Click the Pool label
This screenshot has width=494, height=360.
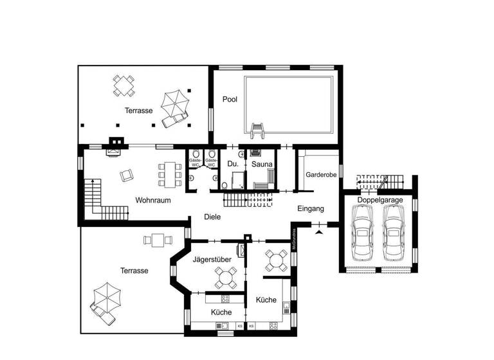point(230,99)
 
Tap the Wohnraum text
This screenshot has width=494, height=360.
point(152,200)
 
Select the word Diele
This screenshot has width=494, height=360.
point(212,217)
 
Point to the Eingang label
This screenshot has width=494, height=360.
point(310,209)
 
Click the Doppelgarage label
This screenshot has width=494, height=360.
point(380,200)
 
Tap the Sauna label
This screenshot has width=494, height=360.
point(262,165)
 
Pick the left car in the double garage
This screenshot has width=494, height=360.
point(363,235)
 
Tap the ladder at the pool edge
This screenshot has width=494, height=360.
point(258,130)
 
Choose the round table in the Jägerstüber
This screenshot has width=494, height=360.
point(225,277)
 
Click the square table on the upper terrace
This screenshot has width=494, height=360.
point(123,85)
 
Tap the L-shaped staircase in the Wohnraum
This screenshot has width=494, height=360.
point(100,199)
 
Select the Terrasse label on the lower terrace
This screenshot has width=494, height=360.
point(134,271)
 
